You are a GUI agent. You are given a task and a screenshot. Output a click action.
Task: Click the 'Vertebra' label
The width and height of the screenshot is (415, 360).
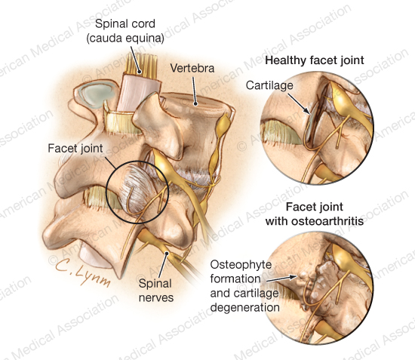(x=192, y=68)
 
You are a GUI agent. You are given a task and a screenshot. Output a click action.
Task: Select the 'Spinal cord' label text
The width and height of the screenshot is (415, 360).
(x=125, y=24)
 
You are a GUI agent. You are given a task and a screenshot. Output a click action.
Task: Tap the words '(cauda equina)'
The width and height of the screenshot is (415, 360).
(x=125, y=38)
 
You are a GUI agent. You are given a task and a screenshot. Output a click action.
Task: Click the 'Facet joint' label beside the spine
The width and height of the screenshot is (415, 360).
(x=75, y=148)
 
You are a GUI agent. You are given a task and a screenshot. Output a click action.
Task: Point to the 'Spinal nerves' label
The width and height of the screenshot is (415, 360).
(x=156, y=291)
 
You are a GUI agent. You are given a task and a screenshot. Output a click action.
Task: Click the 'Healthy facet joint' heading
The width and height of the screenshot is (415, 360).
(x=315, y=60)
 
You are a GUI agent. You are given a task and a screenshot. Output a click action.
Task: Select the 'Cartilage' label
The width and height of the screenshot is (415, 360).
(x=269, y=85)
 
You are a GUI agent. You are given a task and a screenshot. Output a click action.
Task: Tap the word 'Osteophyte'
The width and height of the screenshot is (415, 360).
(x=241, y=265)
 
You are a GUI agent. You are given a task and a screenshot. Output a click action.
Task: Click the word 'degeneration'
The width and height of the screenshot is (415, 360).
(x=244, y=308)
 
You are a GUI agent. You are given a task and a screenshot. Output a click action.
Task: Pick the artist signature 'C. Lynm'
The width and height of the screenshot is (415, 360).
(x=82, y=272)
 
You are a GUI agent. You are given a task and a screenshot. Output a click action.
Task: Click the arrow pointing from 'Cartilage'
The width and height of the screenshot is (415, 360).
(x=299, y=104)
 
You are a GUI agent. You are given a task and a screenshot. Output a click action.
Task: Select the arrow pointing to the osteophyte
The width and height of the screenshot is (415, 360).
(x=282, y=278)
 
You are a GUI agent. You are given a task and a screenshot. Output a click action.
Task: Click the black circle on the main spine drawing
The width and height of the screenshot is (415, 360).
(x=106, y=192)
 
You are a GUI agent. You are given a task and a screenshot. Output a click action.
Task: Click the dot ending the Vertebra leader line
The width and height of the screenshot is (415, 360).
(x=195, y=103)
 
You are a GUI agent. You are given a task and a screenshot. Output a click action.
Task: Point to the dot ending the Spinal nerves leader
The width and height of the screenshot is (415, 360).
(x=167, y=253)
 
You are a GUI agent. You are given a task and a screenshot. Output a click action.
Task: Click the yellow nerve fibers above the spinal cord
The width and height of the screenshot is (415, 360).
(x=142, y=63)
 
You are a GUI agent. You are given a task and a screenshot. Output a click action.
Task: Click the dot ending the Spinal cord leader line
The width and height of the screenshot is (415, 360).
(x=140, y=72)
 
